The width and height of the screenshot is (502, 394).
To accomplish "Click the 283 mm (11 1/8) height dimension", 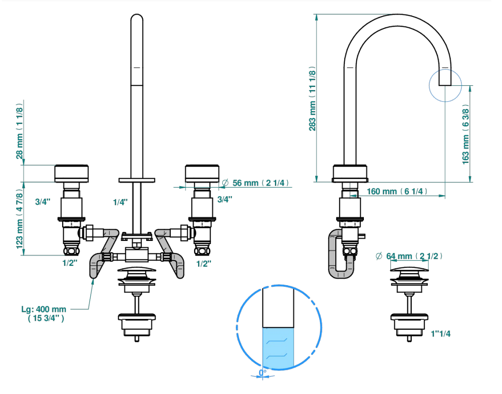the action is point(312,99).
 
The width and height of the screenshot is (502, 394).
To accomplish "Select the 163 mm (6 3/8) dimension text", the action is point(465,134).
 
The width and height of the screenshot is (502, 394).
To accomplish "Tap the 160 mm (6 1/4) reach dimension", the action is point(397,191).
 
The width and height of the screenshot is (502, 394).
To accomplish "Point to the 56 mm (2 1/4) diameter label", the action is point(256,183).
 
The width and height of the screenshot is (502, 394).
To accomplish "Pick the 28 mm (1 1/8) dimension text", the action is point(20,131).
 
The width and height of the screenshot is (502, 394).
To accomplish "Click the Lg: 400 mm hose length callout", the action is point(44,314).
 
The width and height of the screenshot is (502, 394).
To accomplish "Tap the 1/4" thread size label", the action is point(120,202).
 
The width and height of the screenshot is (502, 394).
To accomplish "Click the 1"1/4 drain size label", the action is point(440,334).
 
